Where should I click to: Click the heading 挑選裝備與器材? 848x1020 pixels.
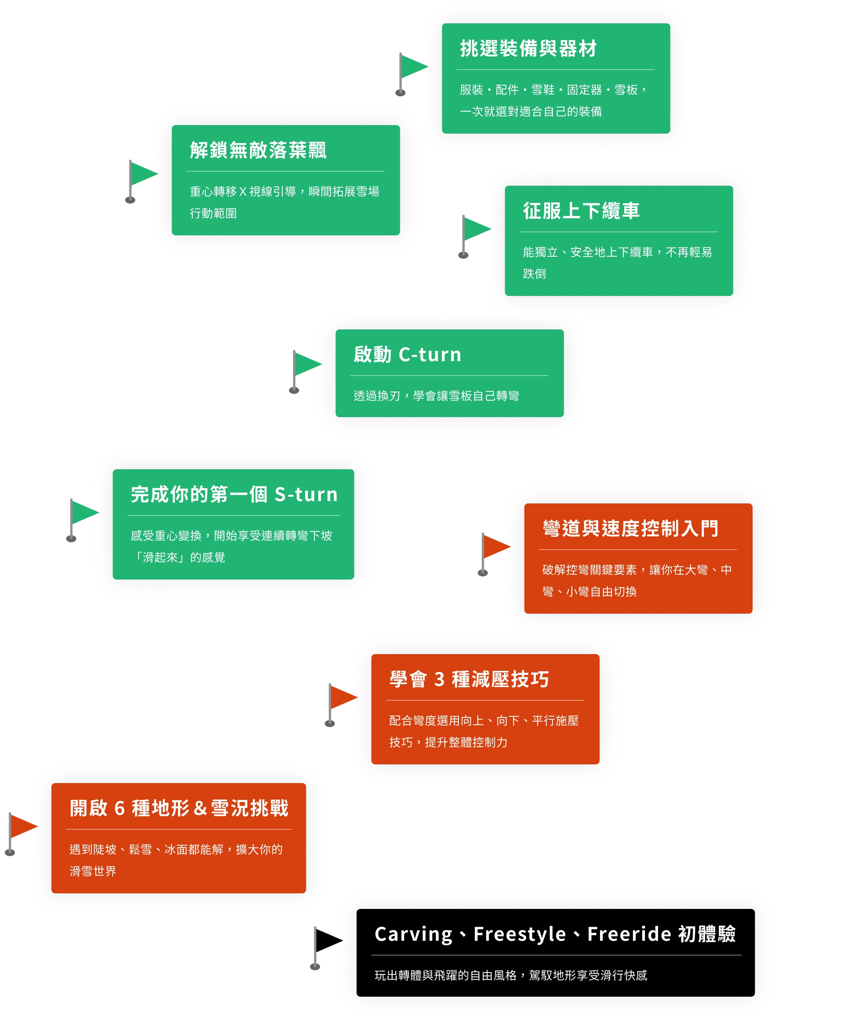click(528, 49)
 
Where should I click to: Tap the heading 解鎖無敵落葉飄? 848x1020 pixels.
click(258, 151)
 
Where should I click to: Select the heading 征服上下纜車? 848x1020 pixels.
click(581, 211)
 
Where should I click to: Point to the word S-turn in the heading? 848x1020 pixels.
click(306, 494)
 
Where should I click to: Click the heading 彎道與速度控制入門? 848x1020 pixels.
click(631, 529)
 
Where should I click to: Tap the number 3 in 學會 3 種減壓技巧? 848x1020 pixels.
click(439, 679)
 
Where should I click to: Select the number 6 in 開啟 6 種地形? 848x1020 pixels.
click(120, 808)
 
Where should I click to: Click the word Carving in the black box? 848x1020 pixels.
click(414, 934)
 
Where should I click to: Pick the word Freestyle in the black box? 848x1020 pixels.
click(520, 934)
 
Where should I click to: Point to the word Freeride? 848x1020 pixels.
click(629, 934)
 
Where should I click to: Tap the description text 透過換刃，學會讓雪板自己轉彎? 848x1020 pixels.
click(436, 396)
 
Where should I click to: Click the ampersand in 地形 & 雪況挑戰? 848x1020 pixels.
click(200, 808)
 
